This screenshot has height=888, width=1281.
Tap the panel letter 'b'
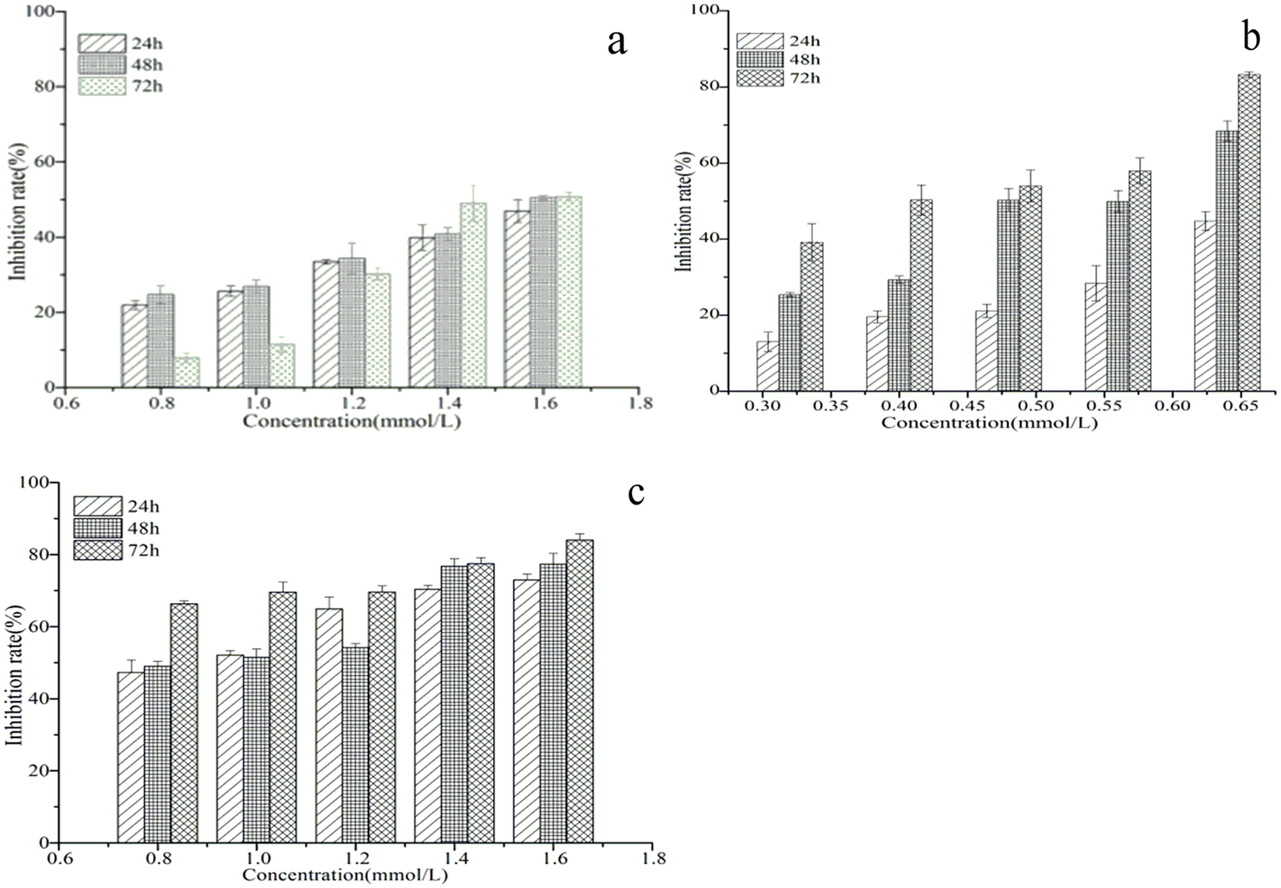(x=1251, y=37)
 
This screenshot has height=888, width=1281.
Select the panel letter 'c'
(x=637, y=492)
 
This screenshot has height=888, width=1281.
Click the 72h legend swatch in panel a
(x=102, y=85)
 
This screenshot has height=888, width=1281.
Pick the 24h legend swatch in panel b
(x=759, y=41)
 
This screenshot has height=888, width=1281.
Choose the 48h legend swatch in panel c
(x=98, y=529)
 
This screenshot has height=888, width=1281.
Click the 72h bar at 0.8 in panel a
(x=186, y=373)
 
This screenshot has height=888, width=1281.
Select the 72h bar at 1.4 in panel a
(x=474, y=295)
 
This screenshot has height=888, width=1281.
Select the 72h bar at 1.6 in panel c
(x=579, y=691)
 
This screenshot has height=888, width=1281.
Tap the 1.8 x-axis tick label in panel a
(x=640, y=403)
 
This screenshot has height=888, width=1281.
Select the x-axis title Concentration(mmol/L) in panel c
(x=345, y=875)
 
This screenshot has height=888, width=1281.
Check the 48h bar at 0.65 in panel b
(x=1227, y=261)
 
